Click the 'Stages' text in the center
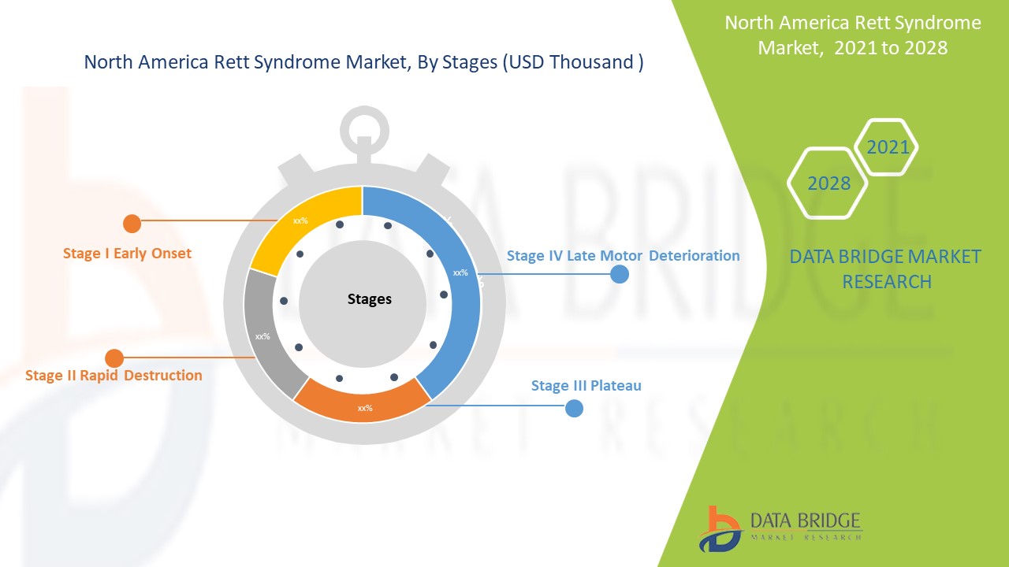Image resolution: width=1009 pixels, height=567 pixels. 370,299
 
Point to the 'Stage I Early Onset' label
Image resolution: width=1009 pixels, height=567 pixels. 127,254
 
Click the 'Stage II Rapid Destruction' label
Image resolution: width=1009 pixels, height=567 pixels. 114,376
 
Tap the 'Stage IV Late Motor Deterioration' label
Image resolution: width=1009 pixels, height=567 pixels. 623,256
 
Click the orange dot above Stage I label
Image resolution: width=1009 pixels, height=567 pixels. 132,224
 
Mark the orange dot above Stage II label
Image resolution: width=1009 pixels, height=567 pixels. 114,358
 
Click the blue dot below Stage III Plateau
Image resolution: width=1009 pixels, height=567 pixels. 575,408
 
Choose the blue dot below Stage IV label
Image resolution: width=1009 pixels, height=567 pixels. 620,274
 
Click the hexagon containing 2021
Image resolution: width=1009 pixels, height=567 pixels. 887,147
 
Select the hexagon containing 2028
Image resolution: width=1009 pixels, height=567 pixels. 828,183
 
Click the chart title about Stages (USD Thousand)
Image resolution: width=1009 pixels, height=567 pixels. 363,63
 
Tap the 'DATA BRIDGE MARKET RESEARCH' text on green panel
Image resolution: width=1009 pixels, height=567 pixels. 885,269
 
